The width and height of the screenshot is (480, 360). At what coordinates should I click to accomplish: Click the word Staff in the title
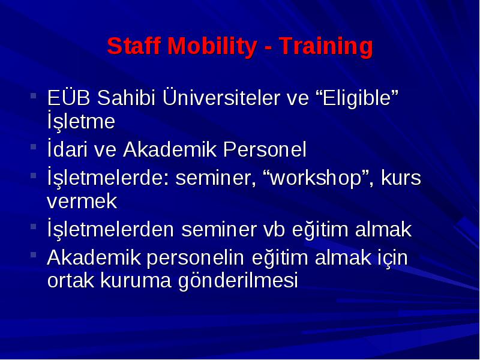pyautogui.click(x=134, y=46)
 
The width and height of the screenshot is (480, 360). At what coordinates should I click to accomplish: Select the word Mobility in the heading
pyautogui.click(x=212, y=47)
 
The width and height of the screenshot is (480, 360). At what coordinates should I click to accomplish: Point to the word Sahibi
pyautogui.click(x=126, y=98)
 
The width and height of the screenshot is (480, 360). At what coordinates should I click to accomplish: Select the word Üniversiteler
pyautogui.click(x=221, y=97)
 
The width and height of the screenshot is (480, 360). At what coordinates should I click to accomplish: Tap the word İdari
pyautogui.click(x=67, y=149)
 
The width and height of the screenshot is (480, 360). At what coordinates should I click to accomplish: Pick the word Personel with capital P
pyautogui.click(x=265, y=149)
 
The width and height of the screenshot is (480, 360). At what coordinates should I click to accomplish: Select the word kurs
pyautogui.click(x=401, y=178)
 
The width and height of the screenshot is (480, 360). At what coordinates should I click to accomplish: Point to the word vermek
pyautogui.click(x=82, y=201)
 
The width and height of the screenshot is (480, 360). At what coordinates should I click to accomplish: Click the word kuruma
pyautogui.click(x=136, y=280)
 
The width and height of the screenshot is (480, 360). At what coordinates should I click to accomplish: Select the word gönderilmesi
pyautogui.click(x=238, y=281)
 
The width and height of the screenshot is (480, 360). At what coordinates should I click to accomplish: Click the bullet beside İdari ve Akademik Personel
pyautogui.click(x=34, y=147)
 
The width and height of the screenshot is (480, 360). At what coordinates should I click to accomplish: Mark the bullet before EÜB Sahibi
pyautogui.click(x=34, y=95)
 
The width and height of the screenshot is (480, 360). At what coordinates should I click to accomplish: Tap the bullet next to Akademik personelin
pyautogui.click(x=34, y=254)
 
